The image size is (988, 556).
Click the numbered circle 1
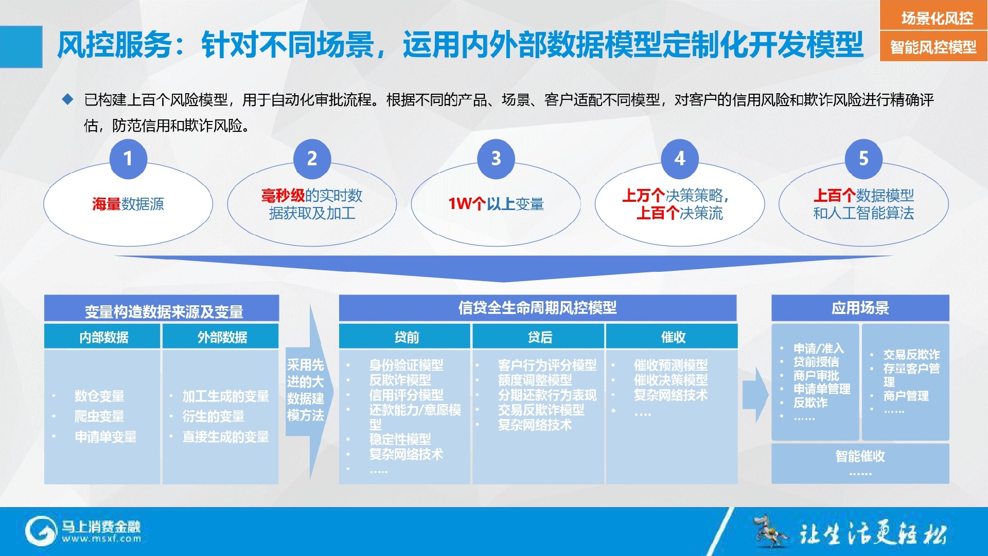(128, 158)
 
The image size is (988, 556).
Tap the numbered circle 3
(496, 158)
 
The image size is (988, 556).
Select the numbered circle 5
(863, 158)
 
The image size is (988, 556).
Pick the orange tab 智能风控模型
(933, 46)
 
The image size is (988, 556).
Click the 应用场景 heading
(860, 308)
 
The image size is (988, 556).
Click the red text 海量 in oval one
(107, 204)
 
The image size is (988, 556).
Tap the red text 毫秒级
(283, 196)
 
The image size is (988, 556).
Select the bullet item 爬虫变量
(99, 416)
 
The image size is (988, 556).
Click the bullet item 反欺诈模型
(400, 380)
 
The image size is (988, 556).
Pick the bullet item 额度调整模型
(535, 380)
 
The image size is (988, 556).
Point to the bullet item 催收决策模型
(671, 380)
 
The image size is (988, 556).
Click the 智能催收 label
(860, 456)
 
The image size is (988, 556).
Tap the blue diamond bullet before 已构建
(67, 99)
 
